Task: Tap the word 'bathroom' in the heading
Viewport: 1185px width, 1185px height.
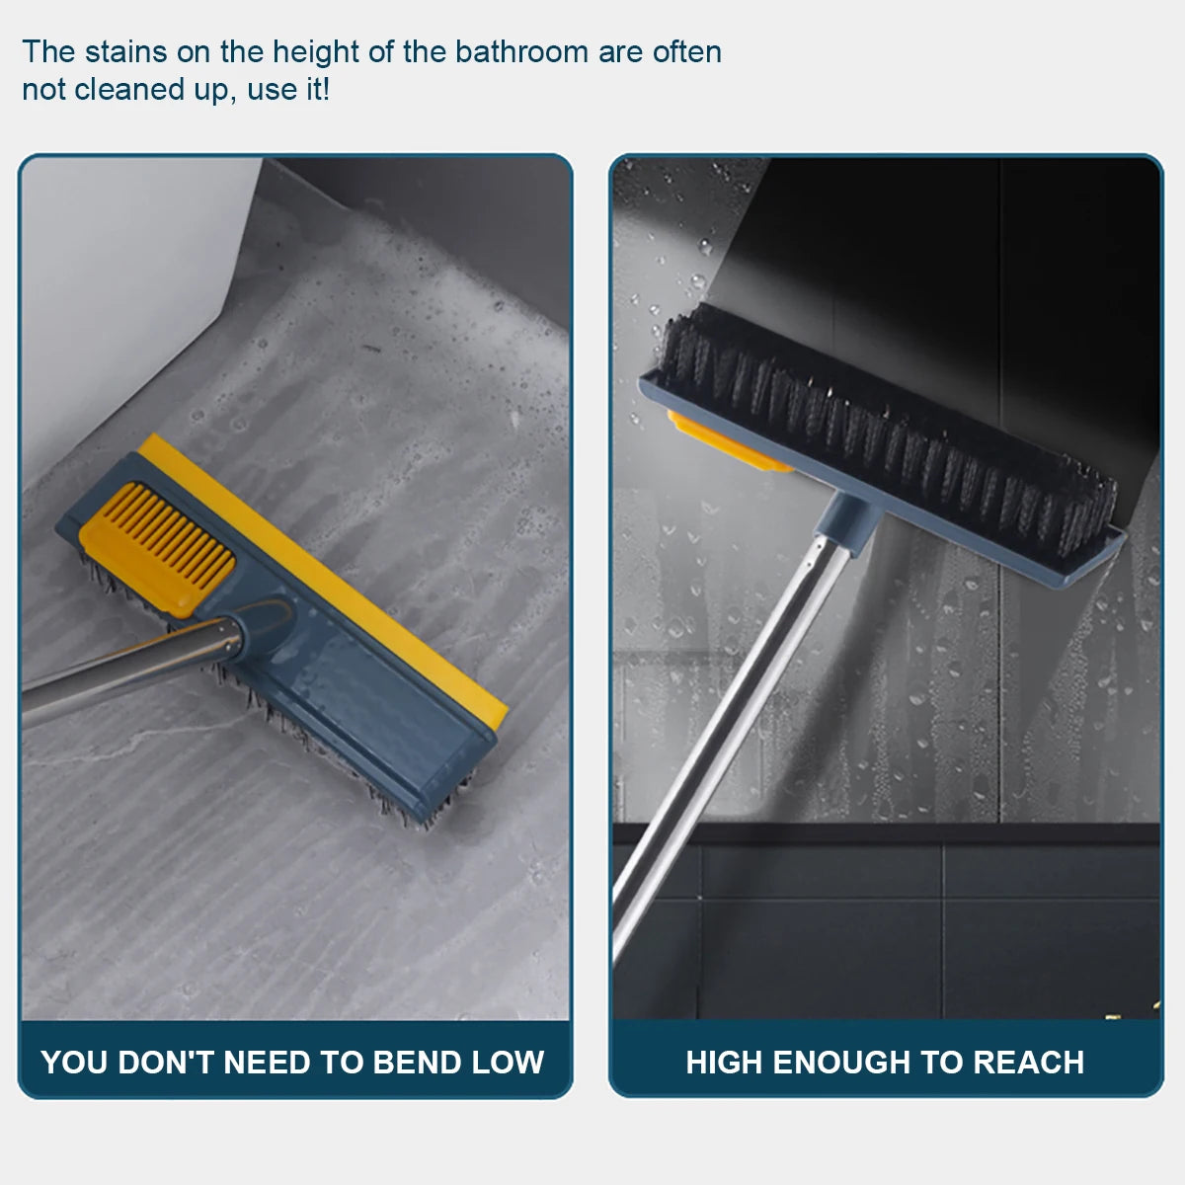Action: tap(520, 52)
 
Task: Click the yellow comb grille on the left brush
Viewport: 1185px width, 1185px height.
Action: tap(158, 548)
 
